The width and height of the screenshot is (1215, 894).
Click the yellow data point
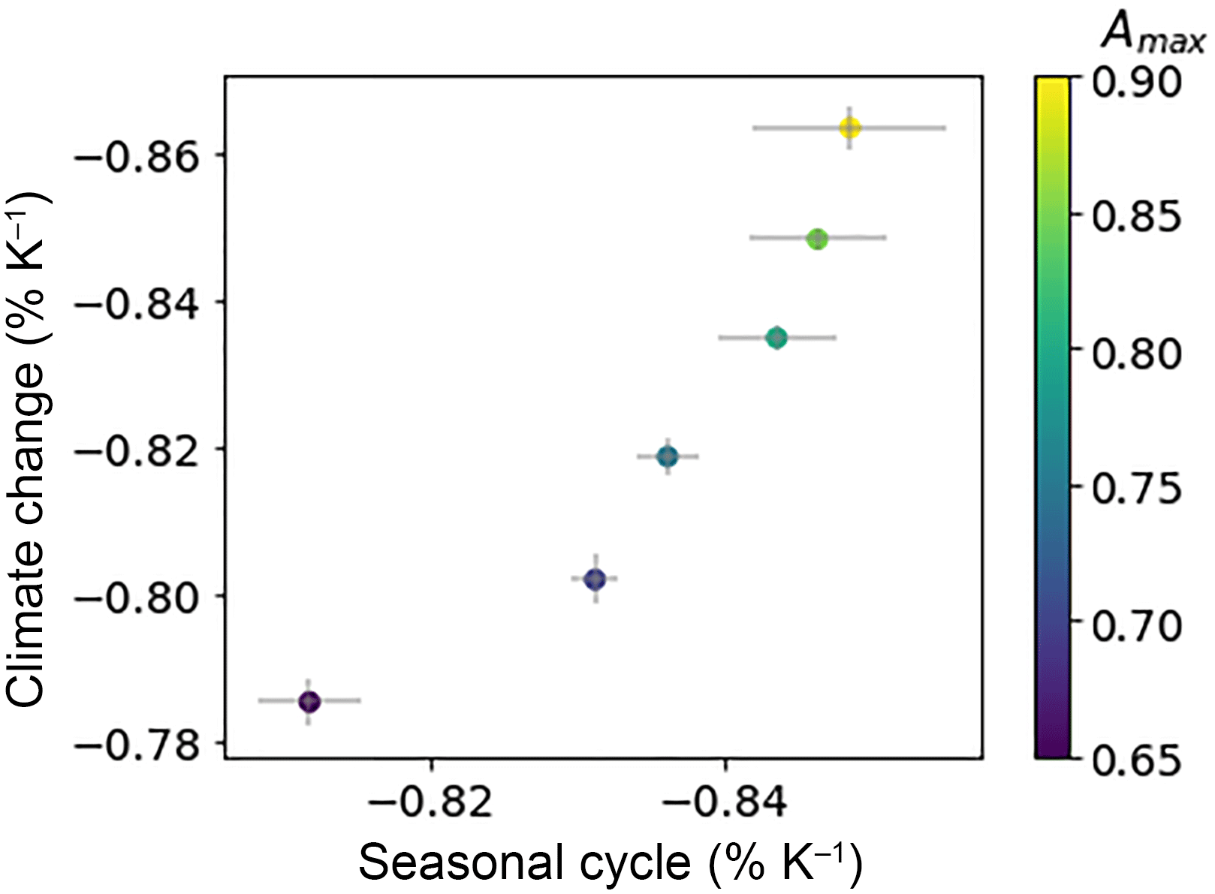(x=849, y=128)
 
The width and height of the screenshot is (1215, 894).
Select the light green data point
(x=817, y=239)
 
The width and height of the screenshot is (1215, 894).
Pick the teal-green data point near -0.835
(x=777, y=338)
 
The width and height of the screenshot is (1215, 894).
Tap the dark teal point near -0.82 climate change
(x=668, y=456)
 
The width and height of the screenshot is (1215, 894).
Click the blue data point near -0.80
(x=595, y=579)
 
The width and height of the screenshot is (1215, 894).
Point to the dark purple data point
(x=309, y=702)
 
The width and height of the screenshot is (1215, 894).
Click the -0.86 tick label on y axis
(x=137, y=157)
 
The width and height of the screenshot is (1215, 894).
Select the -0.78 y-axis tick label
(x=137, y=745)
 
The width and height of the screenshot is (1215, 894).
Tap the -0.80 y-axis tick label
(x=137, y=598)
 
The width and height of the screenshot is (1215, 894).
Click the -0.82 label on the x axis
(x=430, y=801)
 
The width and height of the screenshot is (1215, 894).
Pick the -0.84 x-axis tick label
(x=725, y=801)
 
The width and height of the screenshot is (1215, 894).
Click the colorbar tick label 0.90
(x=1136, y=82)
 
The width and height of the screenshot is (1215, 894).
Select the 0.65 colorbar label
(x=1136, y=760)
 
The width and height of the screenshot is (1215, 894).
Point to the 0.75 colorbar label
(x=1136, y=489)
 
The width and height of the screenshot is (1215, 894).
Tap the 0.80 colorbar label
(x=1136, y=353)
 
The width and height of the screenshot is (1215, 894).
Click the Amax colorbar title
(x=1152, y=34)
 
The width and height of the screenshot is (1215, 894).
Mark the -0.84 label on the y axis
(x=137, y=304)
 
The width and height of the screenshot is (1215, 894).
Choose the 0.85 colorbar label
(x=1136, y=217)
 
